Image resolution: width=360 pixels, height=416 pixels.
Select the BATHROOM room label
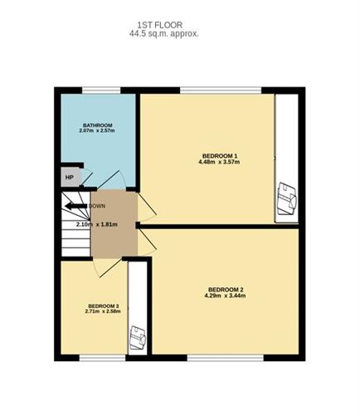[97, 125]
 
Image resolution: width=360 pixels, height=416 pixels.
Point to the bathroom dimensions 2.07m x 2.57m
[97, 132]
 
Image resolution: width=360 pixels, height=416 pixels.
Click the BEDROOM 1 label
[220, 155]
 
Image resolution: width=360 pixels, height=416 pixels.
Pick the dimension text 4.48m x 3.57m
[220, 162]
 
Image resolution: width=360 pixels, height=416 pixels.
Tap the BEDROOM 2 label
[225, 289]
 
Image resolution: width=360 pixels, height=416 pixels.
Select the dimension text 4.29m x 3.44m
[225, 296]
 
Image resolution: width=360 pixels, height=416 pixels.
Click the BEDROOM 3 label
[104, 306]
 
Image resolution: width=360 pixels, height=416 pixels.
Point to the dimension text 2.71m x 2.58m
[104, 312]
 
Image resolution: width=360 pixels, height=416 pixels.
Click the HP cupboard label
[68, 177]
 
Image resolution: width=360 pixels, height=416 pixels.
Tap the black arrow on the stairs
[75, 205]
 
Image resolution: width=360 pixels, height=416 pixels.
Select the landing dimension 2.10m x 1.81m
[96, 224]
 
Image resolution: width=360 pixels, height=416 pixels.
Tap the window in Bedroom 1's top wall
[221, 91]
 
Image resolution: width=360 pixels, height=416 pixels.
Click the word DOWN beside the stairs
[97, 205]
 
